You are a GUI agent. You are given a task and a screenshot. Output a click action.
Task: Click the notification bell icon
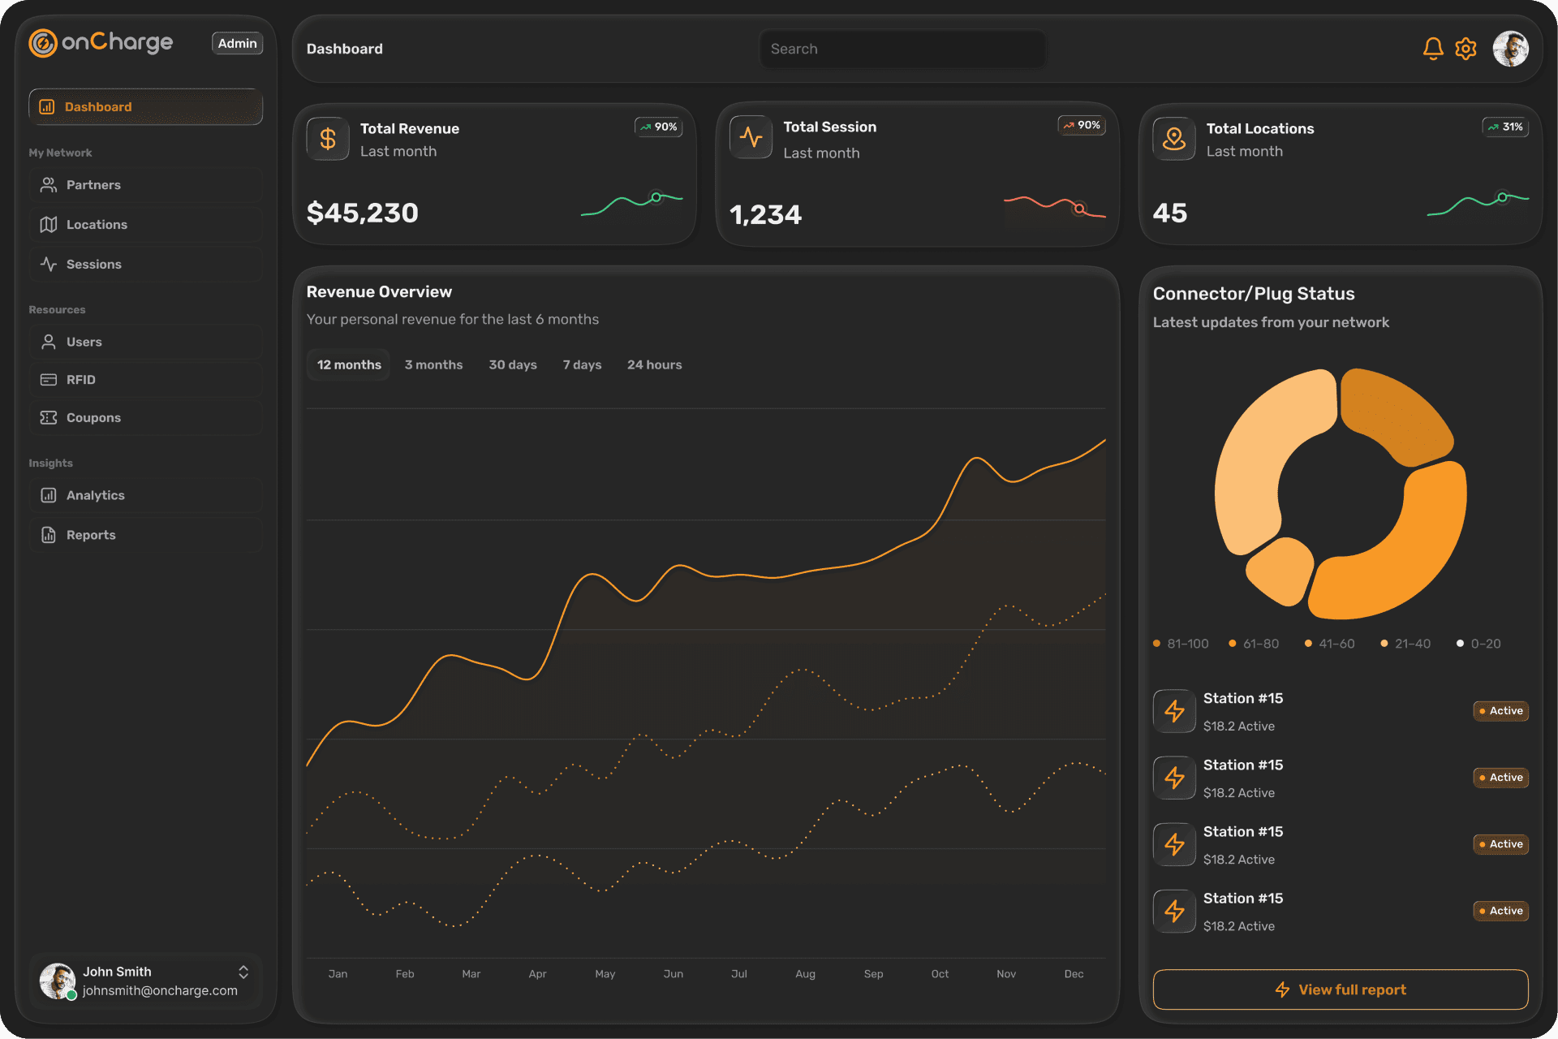[1433, 49]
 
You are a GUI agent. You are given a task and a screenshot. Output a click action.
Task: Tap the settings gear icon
[1465, 49]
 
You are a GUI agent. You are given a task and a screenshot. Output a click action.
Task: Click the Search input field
[902, 49]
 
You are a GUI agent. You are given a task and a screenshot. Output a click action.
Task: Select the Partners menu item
[93, 185]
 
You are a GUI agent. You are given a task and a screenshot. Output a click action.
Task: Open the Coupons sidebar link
[93, 417]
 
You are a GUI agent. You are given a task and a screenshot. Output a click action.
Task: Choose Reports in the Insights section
[91, 535]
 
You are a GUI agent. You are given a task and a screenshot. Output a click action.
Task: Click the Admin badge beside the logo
[237, 43]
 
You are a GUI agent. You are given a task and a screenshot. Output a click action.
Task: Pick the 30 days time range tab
[512, 364]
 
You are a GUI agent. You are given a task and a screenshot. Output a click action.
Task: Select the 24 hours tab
[654, 364]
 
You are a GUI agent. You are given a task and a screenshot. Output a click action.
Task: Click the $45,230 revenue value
[362, 213]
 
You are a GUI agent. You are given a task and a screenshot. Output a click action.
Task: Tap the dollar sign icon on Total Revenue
[328, 139]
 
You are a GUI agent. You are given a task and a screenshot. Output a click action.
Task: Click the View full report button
[1340, 989]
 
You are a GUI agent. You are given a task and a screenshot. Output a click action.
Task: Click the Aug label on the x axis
[805, 973]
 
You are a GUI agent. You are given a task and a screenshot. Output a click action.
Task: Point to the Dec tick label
[1074, 973]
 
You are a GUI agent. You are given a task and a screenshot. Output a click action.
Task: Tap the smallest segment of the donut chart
[1280, 571]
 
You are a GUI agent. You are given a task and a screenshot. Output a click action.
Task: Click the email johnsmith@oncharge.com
[160, 990]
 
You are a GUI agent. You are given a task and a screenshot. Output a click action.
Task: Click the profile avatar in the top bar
[1510, 49]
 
